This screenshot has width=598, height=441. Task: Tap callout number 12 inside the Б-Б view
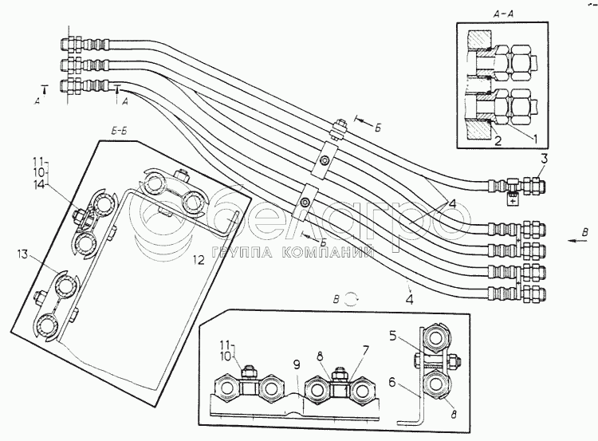(200, 260)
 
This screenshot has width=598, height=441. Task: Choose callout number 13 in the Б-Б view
(23, 254)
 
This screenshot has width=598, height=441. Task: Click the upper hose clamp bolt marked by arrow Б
(339, 127)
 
